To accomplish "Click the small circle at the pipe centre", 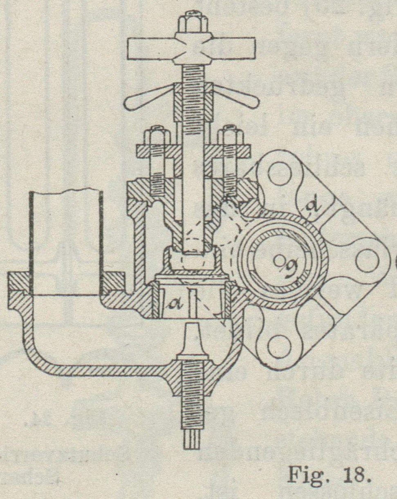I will tap(278, 258).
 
